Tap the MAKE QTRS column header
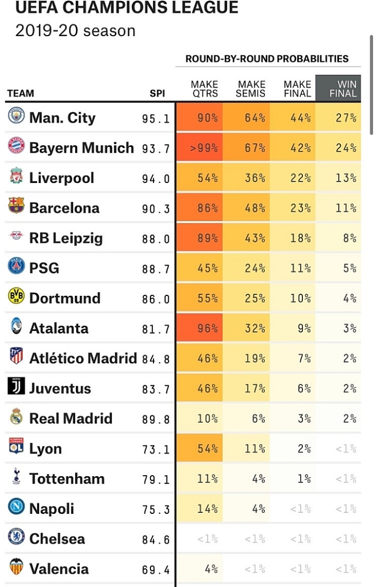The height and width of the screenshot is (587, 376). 204,89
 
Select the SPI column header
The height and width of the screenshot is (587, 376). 157,94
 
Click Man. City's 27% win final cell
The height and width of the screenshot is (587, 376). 346,118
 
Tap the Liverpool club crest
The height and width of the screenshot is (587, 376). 16,177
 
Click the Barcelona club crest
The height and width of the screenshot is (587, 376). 16,207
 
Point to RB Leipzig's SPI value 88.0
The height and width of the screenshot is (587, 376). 156,238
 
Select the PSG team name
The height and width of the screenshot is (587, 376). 44,268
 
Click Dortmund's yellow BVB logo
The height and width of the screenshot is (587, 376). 16,297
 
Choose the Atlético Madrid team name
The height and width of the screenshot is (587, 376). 83,359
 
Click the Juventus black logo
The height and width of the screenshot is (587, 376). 16,388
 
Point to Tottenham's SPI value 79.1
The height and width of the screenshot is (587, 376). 156,479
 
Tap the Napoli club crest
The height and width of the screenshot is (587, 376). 16,508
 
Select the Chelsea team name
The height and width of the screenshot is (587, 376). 57,539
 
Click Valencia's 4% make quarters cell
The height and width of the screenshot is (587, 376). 211,569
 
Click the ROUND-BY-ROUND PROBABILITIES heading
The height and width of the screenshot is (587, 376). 267,59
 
